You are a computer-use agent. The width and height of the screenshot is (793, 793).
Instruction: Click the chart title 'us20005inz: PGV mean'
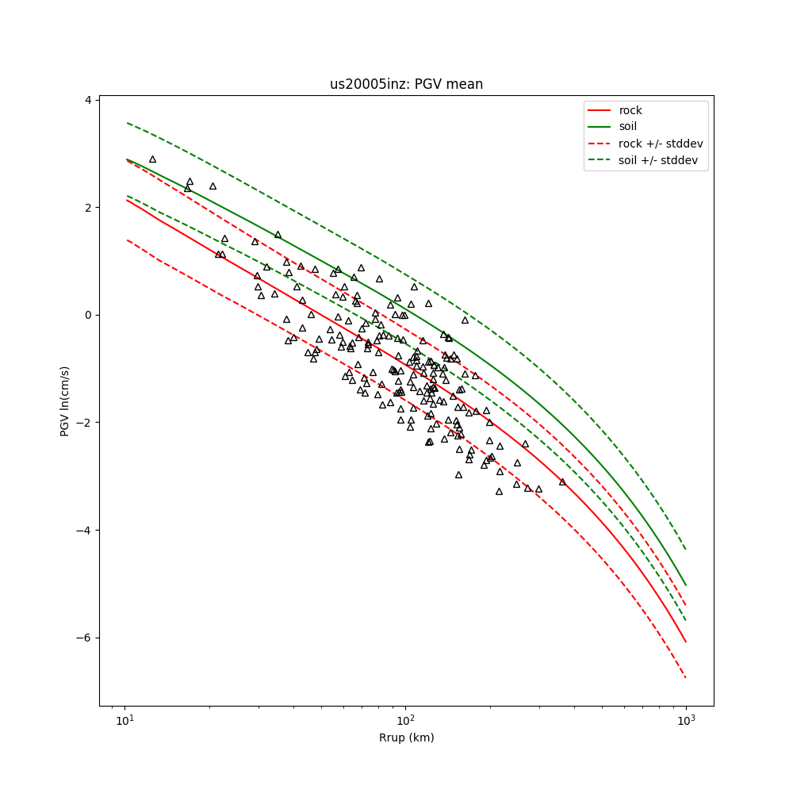(x=406, y=84)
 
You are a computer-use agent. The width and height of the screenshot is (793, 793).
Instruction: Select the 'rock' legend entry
(x=630, y=110)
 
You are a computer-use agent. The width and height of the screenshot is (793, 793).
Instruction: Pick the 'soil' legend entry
(x=628, y=126)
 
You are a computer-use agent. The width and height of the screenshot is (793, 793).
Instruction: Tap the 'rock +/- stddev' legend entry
(x=661, y=144)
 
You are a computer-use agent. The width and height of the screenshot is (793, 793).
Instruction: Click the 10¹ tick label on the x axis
(x=125, y=720)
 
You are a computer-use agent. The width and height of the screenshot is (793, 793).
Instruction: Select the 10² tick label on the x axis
(x=406, y=720)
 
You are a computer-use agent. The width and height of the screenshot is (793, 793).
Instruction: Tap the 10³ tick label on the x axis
(x=686, y=720)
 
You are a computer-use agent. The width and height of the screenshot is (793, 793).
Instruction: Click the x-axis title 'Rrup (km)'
(x=406, y=737)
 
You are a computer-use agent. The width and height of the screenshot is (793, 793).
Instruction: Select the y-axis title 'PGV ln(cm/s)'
(x=65, y=401)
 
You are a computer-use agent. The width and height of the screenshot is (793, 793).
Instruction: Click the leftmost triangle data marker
(x=152, y=159)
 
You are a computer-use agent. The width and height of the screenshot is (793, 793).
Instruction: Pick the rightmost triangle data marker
(x=562, y=481)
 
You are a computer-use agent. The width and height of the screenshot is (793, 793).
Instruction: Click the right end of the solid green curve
(x=685, y=585)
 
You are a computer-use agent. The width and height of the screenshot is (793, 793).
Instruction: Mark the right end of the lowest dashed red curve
(x=685, y=677)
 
